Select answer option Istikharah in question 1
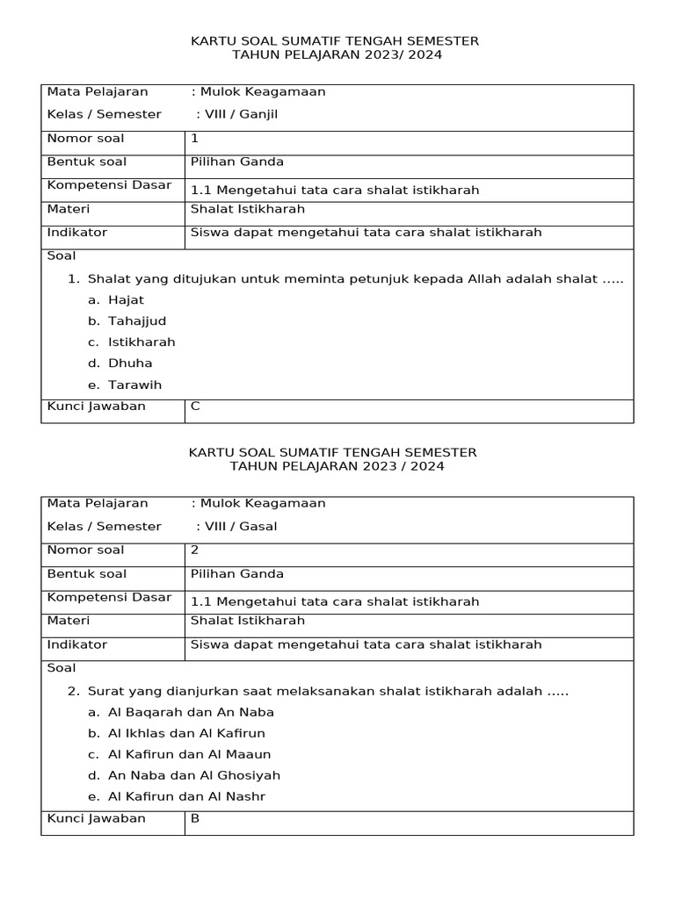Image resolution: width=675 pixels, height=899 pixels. [142, 342]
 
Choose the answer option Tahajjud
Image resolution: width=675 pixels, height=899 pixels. [137, 320]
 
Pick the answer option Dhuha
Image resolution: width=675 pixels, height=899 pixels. [130, 363]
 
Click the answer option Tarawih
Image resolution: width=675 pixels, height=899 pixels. [134, 385]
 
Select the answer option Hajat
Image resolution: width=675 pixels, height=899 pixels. [126, 299]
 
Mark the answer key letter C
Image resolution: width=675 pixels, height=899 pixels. [195, 406]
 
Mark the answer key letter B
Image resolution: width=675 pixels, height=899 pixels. [195, 818]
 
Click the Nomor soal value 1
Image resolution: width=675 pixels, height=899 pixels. [194, 138]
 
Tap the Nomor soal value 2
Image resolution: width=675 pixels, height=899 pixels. [195, 550]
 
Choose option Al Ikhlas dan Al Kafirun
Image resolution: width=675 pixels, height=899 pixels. [186, 732]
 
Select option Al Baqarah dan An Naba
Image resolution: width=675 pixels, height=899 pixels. [191, 711]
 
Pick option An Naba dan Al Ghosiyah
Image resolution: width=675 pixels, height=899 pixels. [194, 775]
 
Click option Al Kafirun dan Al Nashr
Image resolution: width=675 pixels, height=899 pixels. [186, 796]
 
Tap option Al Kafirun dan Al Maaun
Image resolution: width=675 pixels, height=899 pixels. [189, 753]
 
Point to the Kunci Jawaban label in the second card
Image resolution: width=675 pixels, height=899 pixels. [96, 818]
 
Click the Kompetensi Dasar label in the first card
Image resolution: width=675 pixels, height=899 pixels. [109, 185]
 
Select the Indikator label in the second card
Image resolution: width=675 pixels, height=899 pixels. [76, 644]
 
